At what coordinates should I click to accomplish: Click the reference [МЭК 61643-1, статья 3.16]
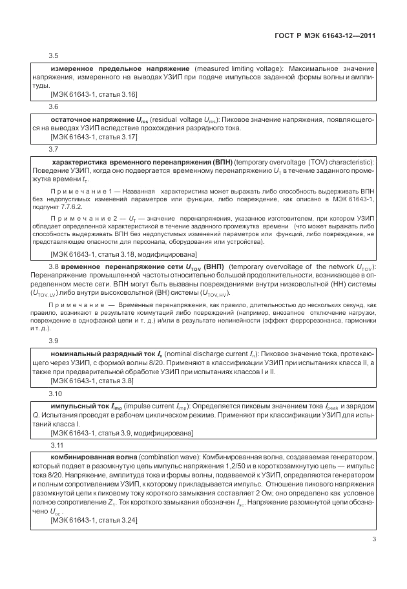(x=94, y=94)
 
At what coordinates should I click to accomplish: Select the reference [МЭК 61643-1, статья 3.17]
(x=94, y=137)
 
